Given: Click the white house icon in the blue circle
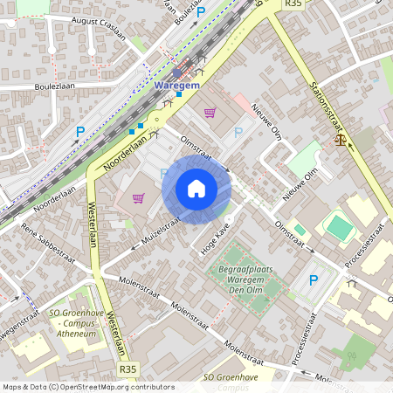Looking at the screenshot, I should point(196,189).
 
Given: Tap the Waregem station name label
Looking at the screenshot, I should point(177,86).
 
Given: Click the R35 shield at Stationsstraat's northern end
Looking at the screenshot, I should point(293,4).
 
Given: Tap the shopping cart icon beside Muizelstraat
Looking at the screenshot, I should point(138,197).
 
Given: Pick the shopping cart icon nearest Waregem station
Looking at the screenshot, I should point(210,112).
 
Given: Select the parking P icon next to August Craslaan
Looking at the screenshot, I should point(201,12).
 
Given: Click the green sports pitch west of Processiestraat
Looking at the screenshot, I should point(339,227).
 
